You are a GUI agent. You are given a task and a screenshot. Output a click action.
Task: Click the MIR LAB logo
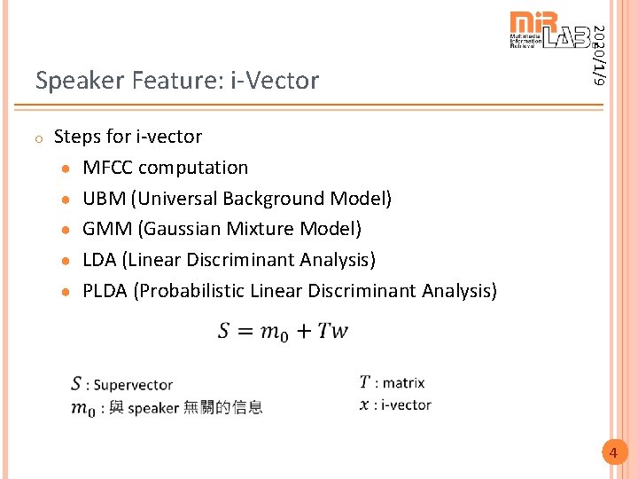[x=549, y=31]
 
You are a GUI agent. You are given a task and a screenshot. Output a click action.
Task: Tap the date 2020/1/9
[x=600, y=54]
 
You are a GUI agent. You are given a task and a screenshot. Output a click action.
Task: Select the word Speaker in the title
[x=80, y=81]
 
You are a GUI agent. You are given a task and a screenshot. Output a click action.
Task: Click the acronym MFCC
[x=108, y=168]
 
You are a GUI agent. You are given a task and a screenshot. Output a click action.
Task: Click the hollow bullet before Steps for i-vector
[x=39, y=138]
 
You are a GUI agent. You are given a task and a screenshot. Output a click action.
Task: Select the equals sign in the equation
[x=245, y=332]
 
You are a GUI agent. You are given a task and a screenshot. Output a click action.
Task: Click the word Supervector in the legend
[x=133, y=385]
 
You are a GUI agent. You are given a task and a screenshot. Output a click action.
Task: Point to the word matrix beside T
[x=403, y=383]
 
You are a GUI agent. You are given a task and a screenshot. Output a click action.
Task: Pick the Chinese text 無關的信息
[x=222, y=408]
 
